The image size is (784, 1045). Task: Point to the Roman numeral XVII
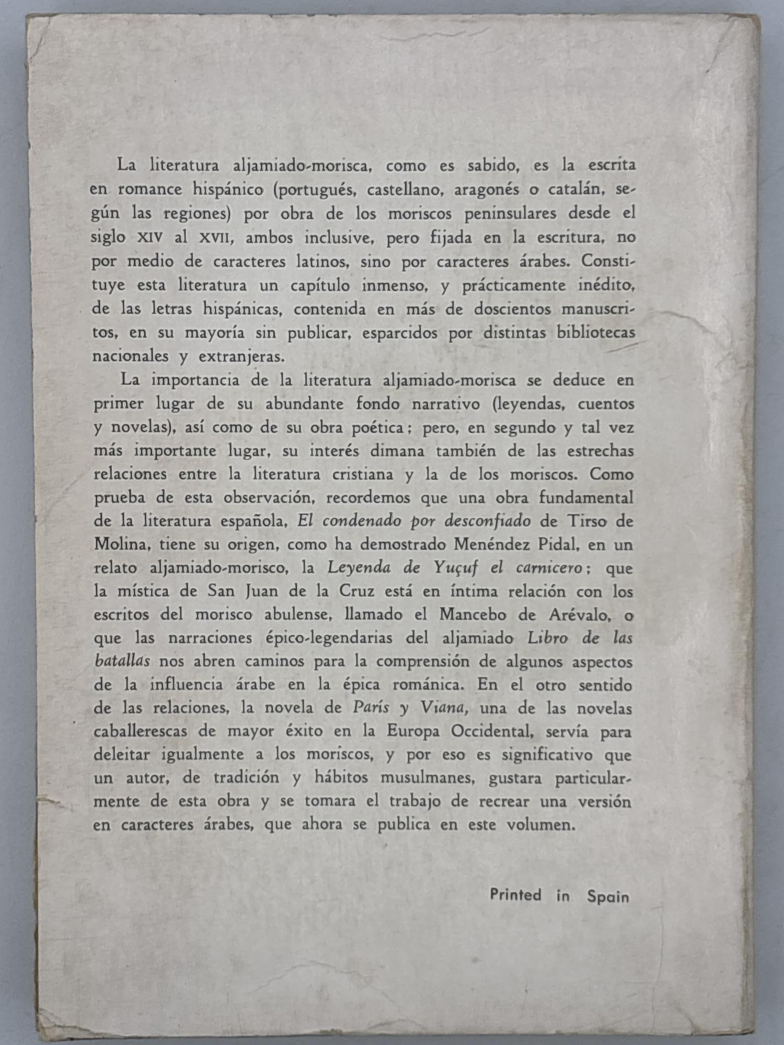pyautogui.click(x=214, y=238)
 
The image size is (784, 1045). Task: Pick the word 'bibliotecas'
pyautogui.click(x=596, y=332)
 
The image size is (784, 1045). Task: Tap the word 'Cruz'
pyautogui.click(x=356, y=591)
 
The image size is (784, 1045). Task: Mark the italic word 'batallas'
pyautogui.click(x=123, y=661)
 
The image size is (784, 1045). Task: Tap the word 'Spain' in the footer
pyautogui.click(x=608, y=897)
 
